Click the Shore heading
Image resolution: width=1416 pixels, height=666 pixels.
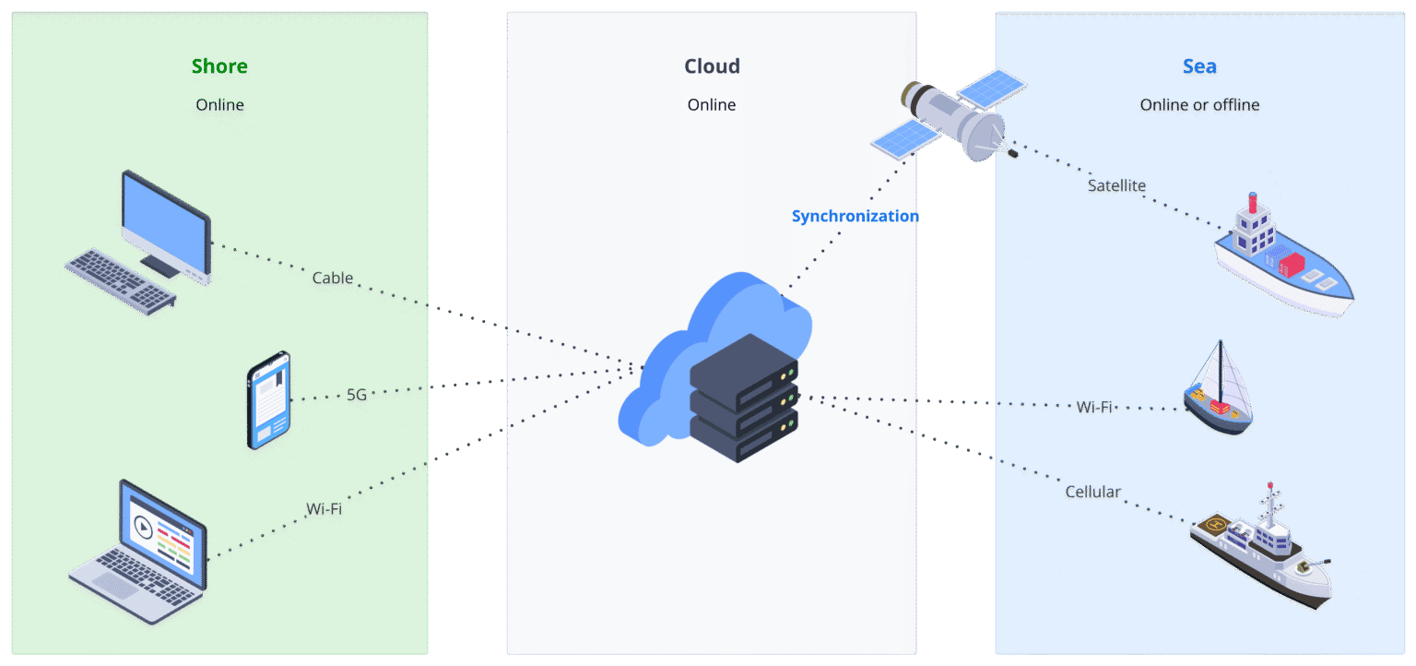coord(219,66)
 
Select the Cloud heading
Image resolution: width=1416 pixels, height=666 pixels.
coord(712,66)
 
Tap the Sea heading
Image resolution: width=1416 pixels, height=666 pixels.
coord(1199,66)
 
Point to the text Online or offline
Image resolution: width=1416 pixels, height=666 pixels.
coord(1199,105)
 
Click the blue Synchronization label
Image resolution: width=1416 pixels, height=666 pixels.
coord(855,216)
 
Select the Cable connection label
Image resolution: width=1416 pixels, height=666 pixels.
coord(333,278)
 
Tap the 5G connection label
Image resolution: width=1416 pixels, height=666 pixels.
coord(357,395)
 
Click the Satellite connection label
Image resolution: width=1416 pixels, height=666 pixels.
coord(1116,185)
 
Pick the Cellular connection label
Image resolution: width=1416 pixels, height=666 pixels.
coord(1092,492)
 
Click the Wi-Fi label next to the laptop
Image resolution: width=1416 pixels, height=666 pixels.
coord(324,508)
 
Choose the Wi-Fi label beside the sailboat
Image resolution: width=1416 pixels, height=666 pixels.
coord(1094,407)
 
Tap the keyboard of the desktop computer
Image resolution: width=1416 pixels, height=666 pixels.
coord(120,279)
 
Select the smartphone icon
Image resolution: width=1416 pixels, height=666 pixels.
coord(268,400)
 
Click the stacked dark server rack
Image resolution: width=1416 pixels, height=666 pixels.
coord(743,398)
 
